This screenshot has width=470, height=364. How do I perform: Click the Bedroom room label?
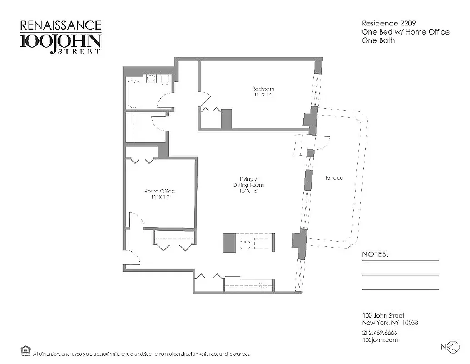tap(264, 89)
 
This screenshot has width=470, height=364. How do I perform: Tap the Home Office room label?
tap(159, 191)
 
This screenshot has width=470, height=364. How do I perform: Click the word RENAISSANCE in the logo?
tap(60, 25)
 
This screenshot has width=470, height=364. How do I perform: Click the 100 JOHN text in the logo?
tap(60, 41)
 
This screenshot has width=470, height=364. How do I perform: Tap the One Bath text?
tap(378, 40)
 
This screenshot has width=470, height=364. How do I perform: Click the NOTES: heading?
tap(375, 254)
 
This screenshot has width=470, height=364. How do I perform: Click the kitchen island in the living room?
tap(249, 243)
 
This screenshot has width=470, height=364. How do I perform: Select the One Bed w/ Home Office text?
tap(406, 32)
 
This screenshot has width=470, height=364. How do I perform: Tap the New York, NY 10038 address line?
tap(390, 323)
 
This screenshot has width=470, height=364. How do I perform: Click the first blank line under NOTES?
tap(401, 261)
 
